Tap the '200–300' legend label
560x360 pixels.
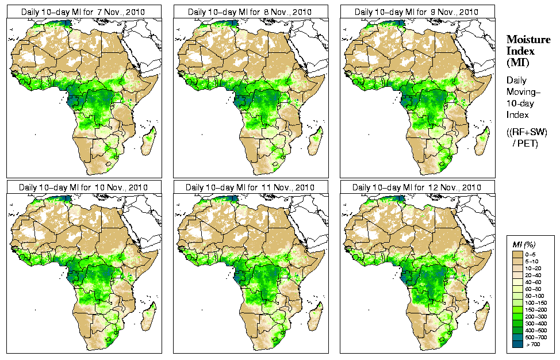[x=536, y=316]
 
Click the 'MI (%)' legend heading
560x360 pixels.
[x=524, y=244]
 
